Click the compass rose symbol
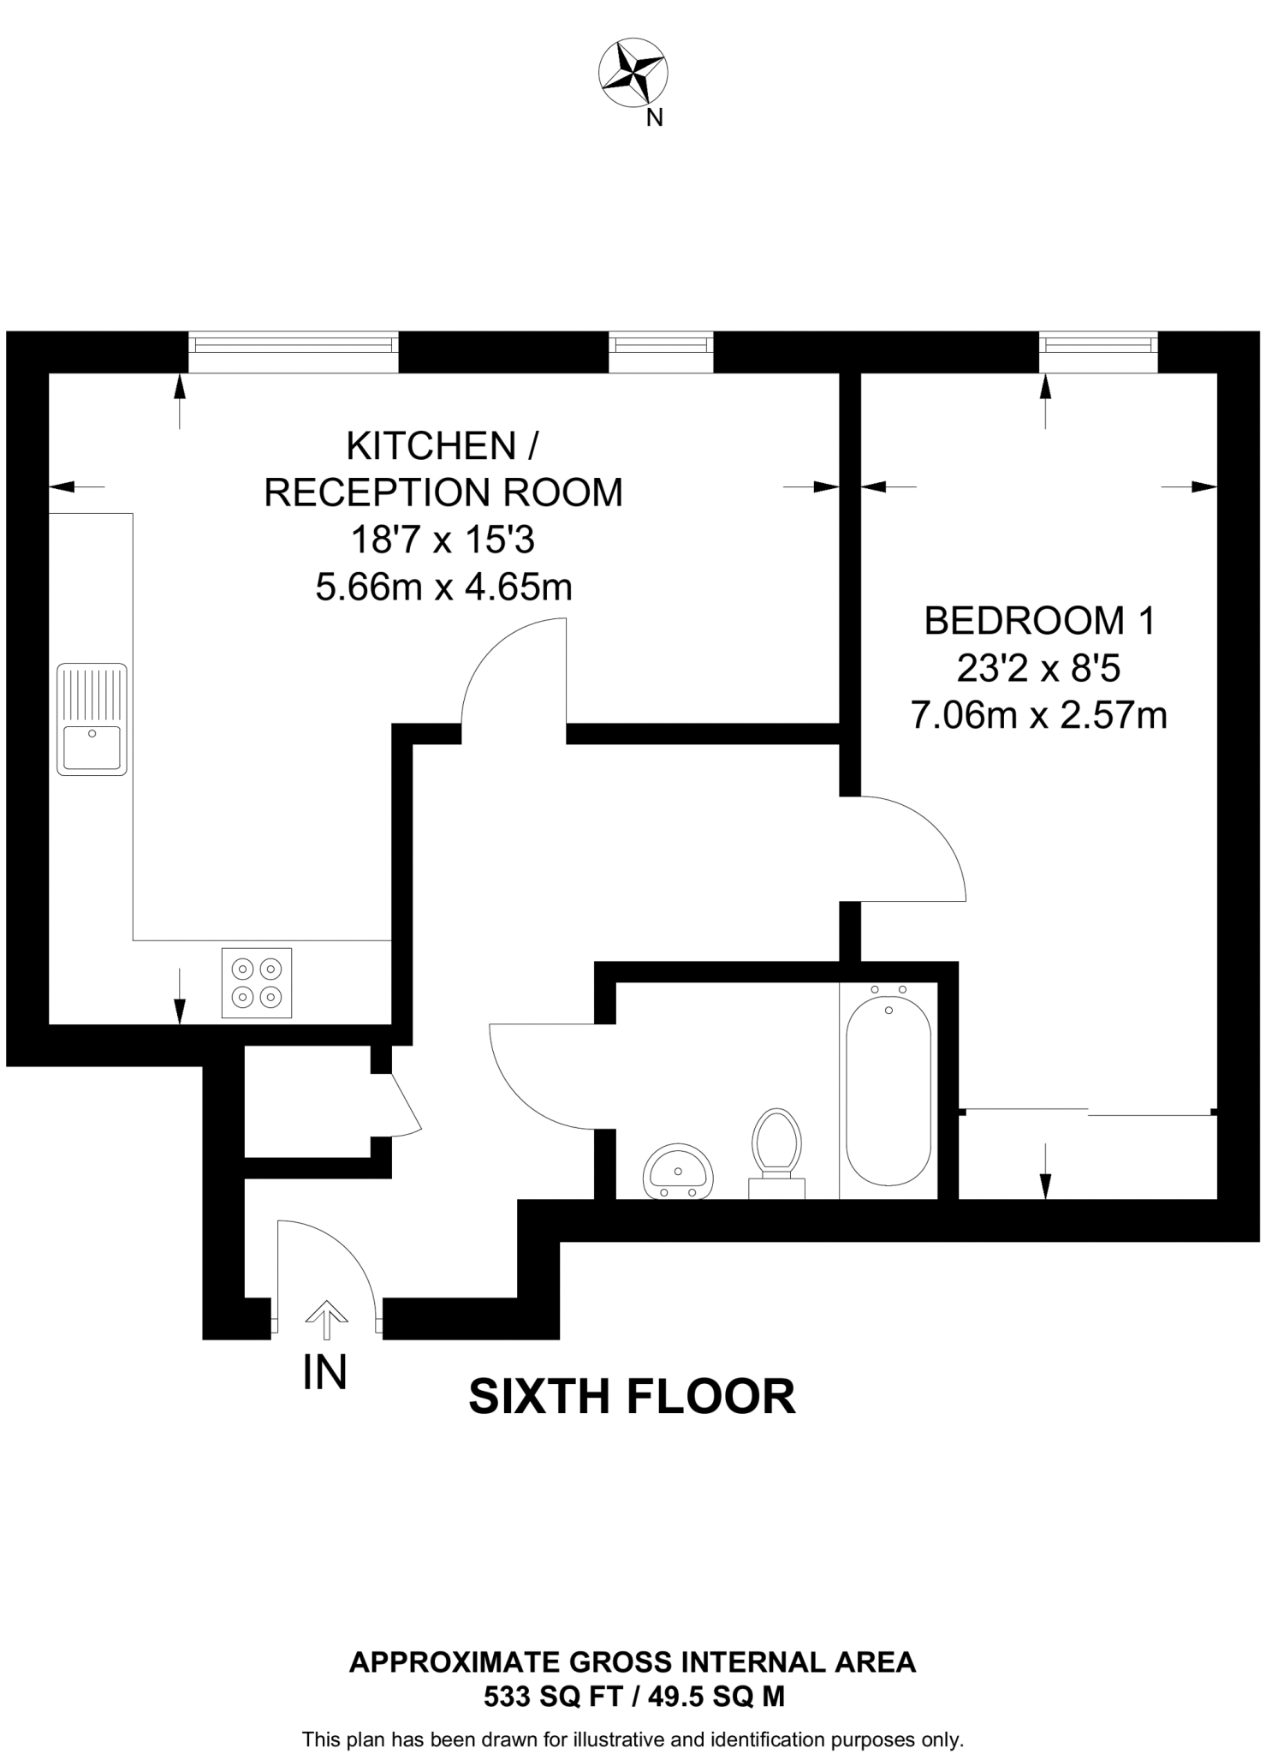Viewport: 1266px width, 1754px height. point(633,74)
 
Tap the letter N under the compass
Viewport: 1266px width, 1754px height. point(654,118)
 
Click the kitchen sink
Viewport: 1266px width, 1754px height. point(92,719)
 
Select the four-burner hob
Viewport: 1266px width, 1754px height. point(257,982)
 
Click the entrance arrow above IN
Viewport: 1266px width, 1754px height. point(326,1320)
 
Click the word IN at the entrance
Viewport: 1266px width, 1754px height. point(324,1372)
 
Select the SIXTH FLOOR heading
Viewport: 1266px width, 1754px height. point(632,1397)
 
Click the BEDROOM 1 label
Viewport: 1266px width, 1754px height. point(1039,621)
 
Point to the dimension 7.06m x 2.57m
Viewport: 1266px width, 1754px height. point(1039,715)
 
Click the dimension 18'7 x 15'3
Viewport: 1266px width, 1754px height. point(443,540)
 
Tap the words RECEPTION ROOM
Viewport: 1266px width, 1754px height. point(443,492)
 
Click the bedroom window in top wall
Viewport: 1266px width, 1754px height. point(1098,351)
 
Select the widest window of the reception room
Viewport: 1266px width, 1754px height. point(294,351)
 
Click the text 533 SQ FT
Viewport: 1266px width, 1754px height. point(552,1696)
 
